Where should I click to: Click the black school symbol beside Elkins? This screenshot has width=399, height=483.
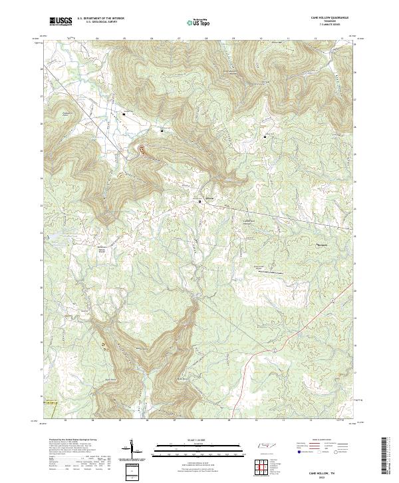pos(199,199)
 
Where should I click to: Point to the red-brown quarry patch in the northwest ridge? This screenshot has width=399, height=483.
pos(142,151)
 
